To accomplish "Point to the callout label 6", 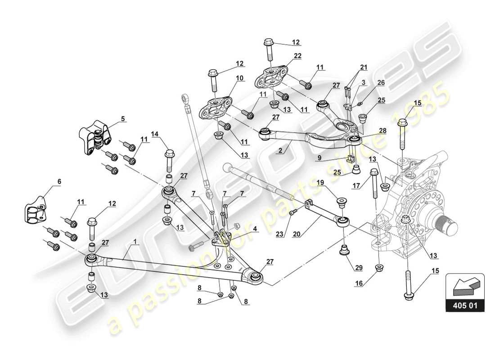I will [59, 182].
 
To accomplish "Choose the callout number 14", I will [155, 134].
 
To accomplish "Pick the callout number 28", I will [382, 130].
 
